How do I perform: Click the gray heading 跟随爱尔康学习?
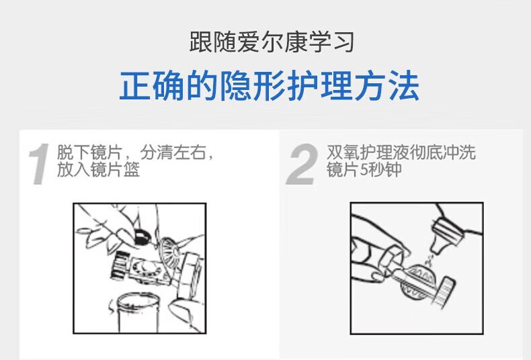click(272, 42)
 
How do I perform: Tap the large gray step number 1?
click(39, 164)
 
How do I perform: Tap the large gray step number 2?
click(302, 164)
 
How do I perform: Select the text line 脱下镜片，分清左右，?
click(136, 152)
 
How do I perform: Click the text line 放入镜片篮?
click(98, 169)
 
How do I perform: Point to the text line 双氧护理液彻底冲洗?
click(401, 152)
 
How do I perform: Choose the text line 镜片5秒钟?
click(364, 169)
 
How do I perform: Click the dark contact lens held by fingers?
click(143, 236)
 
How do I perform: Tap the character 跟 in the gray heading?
click(200, 42)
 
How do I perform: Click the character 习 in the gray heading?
click(343, 42)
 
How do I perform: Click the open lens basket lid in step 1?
click(170, 252)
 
